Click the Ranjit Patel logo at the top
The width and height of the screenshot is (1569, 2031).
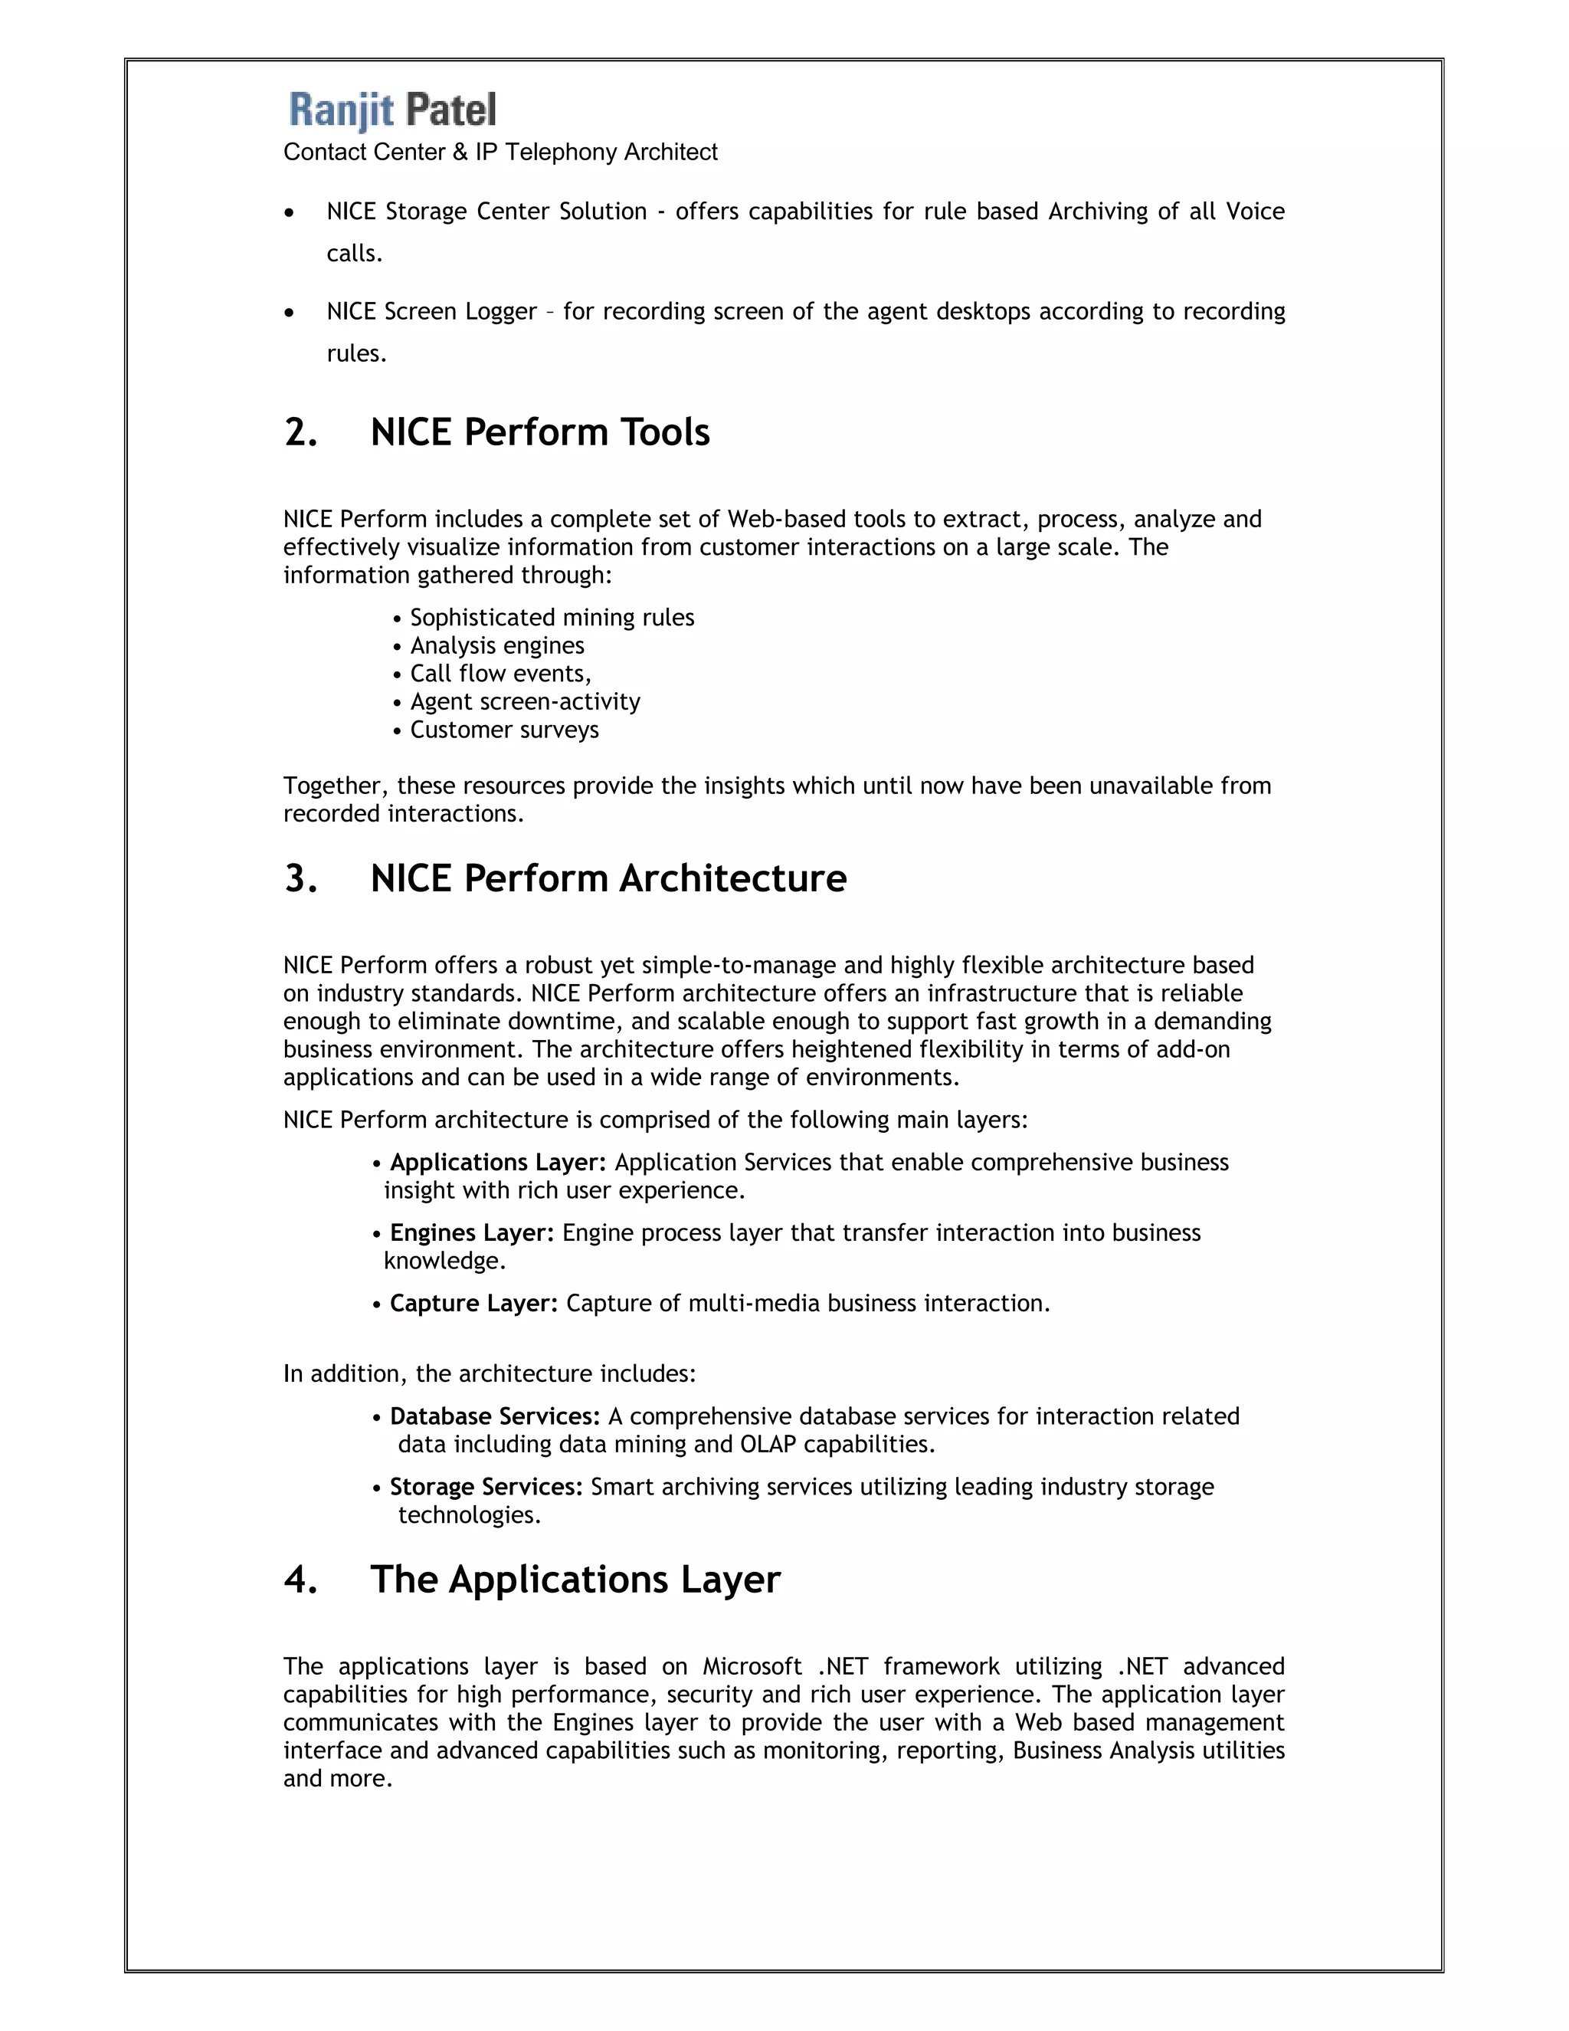(392, 110)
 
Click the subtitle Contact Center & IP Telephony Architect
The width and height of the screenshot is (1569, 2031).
(500, 153)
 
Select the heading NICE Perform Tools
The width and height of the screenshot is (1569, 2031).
(539, 432)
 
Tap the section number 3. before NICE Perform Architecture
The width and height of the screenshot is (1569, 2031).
(300, 879)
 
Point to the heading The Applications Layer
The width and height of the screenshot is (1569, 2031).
(575, 1580)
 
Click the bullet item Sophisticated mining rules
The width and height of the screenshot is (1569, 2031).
(551, 618)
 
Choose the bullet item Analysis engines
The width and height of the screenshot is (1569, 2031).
(496, 645)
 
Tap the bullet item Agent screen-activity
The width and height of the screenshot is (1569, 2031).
(524, 701)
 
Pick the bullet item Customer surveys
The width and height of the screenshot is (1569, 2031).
(504, 730)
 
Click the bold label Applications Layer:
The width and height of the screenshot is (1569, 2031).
(497, 1163)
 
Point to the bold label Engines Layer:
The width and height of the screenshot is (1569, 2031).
(471, 1233)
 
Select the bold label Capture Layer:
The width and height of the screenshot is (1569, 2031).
(473, 1304)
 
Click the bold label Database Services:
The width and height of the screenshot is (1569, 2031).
(494, 1416)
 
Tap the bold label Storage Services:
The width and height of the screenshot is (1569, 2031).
(485, 1487)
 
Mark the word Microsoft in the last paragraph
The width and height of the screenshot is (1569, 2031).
(751, 1666)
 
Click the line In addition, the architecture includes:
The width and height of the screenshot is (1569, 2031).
(489, 1373)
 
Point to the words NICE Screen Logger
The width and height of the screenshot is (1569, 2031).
(431, 311)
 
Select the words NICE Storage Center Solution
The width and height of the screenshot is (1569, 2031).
(486, 212)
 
